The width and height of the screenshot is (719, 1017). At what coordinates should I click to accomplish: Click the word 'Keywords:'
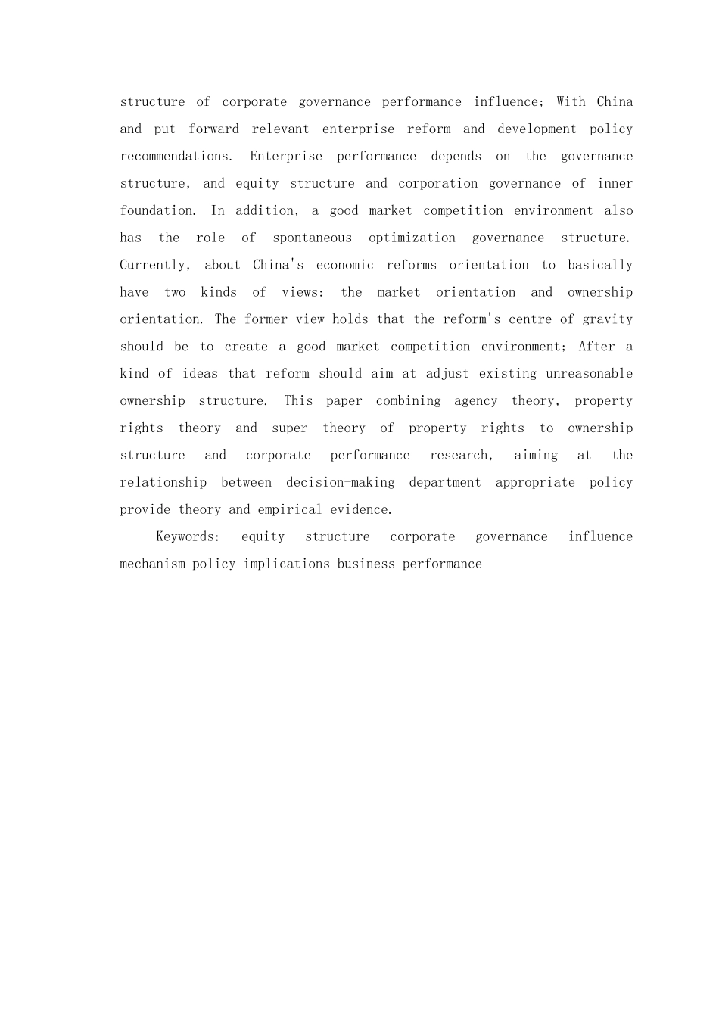(x=188, y=536)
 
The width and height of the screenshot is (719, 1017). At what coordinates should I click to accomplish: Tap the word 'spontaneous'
(x=312, y=238)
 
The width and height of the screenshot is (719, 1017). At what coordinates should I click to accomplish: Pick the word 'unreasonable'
(x=589, y=374)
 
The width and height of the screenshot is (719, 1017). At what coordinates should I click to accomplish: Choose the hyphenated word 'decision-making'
(x=340, y=482)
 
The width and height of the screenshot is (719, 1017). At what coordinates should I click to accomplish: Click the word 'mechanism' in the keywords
(x=152, y=564)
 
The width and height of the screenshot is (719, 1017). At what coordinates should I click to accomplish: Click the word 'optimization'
(x=412, y=238)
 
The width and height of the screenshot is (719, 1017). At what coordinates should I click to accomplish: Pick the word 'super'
(x=290, y=428)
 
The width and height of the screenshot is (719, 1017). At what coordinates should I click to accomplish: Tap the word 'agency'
(x=475, y=401)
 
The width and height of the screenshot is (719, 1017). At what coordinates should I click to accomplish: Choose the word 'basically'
(x=600, y=265)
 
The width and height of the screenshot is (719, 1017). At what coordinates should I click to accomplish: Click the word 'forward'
(x=213, y=129)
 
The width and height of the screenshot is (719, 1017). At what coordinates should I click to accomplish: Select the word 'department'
(x=444, y=482)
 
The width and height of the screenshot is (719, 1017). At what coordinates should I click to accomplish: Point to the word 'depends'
(x=456, y=156)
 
